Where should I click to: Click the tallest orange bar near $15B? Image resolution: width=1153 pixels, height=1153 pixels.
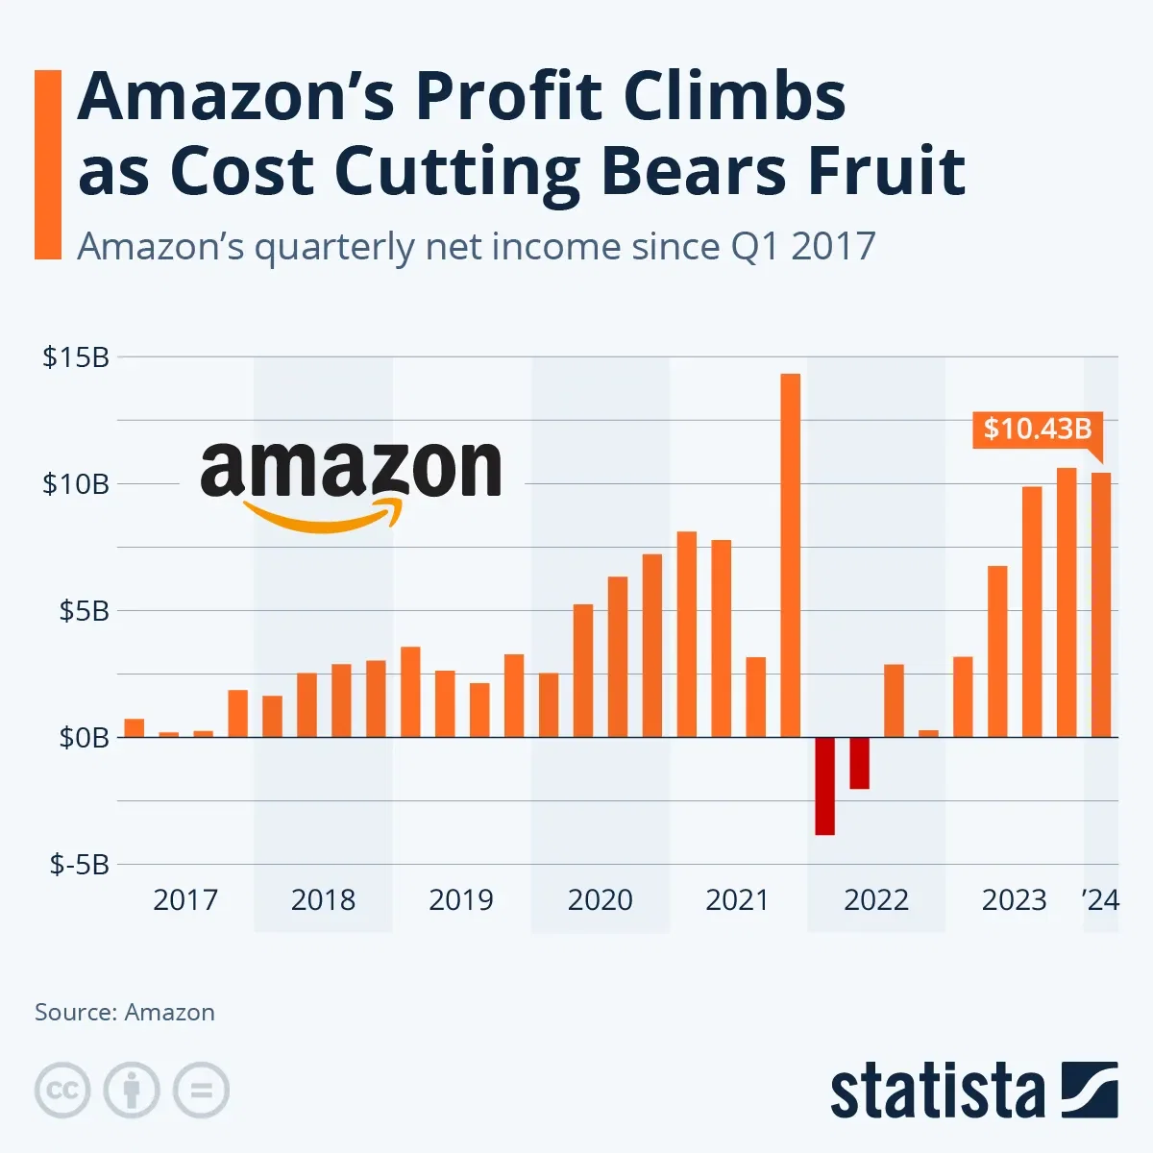790,554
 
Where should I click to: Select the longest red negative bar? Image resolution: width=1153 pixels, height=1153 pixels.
824,786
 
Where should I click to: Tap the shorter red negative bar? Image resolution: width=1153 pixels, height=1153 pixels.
859,763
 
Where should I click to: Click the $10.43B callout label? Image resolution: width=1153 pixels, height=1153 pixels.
1037,429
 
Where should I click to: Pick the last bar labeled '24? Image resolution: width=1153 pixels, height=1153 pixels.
1101,604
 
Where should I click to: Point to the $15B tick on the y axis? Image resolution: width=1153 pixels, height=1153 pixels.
76,357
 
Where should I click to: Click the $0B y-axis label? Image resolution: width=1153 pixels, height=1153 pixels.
84,738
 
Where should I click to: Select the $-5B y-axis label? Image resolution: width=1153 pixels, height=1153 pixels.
80,865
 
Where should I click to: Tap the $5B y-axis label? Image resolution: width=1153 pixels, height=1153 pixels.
84,611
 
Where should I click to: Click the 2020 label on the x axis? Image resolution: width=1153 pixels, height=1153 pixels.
600,900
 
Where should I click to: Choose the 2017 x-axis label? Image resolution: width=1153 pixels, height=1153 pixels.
185,900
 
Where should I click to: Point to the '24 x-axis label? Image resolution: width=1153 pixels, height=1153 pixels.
1100,900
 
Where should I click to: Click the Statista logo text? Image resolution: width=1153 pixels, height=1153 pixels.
937,1093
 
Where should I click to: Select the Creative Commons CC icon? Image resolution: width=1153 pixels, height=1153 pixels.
62,1091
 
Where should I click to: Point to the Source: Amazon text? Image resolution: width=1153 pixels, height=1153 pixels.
125,1013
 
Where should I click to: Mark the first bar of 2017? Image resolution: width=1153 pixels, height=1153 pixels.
135,728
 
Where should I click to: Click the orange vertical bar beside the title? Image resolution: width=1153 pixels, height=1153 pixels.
47,164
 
